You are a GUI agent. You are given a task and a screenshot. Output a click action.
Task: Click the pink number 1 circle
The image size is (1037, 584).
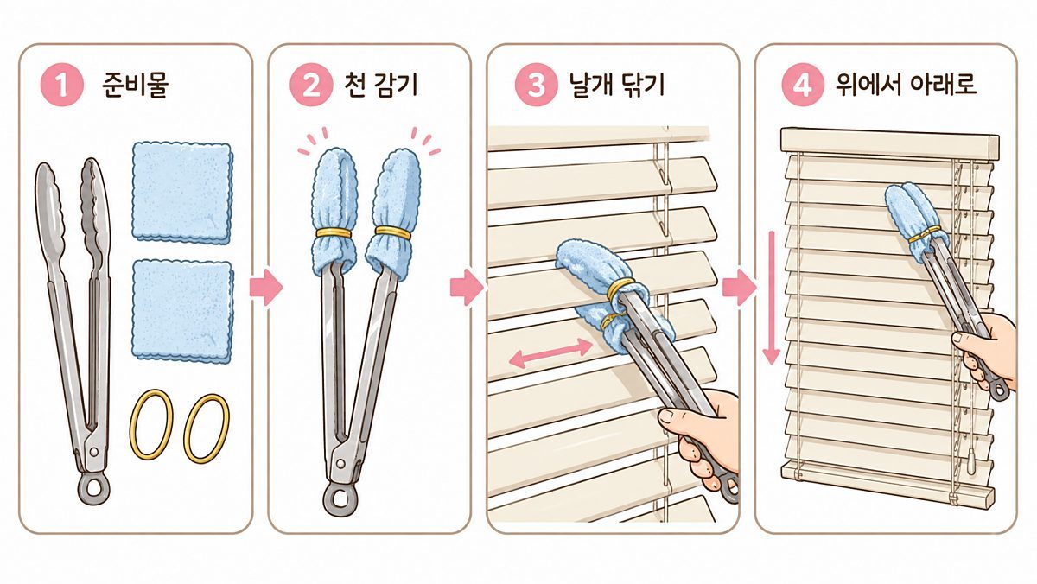pyautogui.click(x=62, y=85)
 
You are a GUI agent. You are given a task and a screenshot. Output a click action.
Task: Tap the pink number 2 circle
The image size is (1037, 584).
pyautogui.click(x=311, y=85)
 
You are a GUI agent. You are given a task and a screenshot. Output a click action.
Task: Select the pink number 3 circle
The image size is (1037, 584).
pyautogui.click(x=536, y=85)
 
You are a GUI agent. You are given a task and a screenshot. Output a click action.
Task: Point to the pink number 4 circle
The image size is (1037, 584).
pyautogui.click(x=803, y=85)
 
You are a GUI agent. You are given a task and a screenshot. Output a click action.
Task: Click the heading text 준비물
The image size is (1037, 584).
pyautogui.click(x=135, y=86)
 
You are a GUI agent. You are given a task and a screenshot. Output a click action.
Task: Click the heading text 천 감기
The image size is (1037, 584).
pyautogui.click(x=380, y=86)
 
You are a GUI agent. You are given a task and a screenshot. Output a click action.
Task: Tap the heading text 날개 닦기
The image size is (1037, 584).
pyautogui.click(x=617, y=86)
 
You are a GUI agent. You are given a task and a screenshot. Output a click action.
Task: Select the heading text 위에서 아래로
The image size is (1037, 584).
pyautogui.click(x=906, y=85)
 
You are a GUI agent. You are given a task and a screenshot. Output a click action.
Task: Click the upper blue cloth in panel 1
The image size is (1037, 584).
pyautogui.click(x=182, y=193)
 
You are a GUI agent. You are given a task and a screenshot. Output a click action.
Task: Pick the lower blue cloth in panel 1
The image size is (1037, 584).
pyautogui.click(x=182, y=310)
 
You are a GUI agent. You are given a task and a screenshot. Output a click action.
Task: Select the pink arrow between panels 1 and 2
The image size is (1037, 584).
pyautogui.click(x=266, y=287)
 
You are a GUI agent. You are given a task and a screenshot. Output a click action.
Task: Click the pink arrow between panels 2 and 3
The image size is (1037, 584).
pyautogui.click(x=467, y=288)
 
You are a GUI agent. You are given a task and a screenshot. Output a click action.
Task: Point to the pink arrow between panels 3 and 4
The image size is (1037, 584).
pyautogui.click(x=740, y=288)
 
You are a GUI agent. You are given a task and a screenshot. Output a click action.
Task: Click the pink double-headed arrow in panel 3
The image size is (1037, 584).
pyautogui.click(x=550, y=352)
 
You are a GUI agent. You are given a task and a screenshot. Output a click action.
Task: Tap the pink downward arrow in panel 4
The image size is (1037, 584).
pyautogui.click(x=771, y=297)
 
